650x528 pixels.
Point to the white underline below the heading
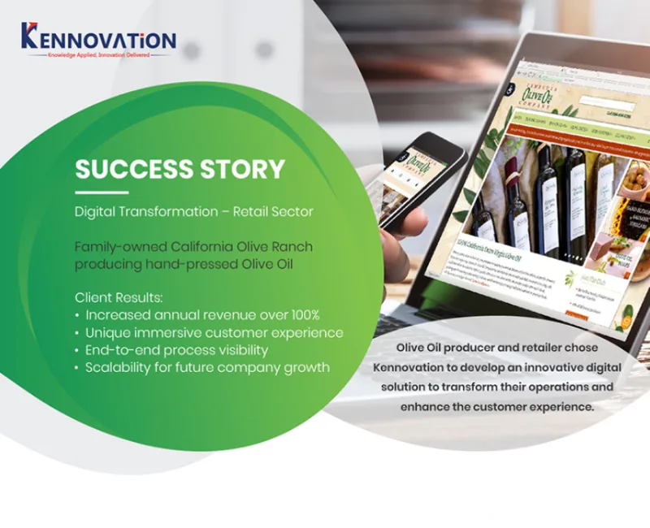(x=102, y=192)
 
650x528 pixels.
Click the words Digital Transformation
(x=145, y=212)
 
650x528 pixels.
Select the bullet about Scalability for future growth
(x=207, y=368)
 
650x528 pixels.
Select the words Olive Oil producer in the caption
(x=445, y=348)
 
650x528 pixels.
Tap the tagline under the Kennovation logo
(x=97, y=56)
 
